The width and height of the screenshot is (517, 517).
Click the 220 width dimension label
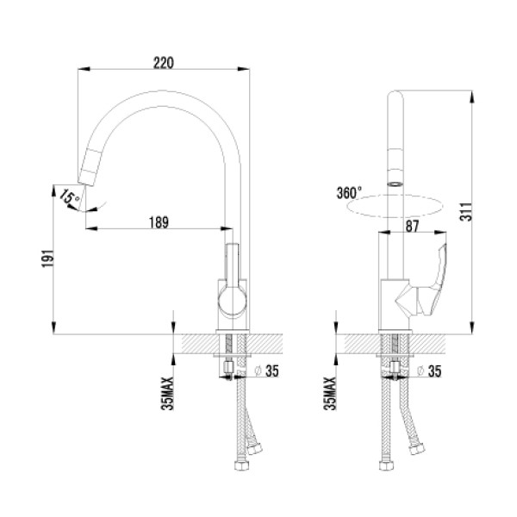163,63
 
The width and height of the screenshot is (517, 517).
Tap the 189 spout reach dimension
159,222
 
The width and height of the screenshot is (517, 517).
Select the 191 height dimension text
47,258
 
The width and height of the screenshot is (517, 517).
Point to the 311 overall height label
466,212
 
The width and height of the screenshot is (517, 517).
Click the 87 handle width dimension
412,226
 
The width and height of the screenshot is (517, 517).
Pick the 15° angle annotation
70,197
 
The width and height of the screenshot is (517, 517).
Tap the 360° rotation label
349,193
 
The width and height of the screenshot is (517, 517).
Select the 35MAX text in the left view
167,394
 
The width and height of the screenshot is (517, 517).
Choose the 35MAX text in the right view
330,394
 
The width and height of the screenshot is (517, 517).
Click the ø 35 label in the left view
267,371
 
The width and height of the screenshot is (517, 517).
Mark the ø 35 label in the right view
429,371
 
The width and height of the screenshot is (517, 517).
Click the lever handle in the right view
428,283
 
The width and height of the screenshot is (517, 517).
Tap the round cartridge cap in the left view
232,301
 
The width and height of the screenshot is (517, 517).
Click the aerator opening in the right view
395,184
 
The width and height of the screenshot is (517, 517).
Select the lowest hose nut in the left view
241,465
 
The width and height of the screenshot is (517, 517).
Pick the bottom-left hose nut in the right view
386,465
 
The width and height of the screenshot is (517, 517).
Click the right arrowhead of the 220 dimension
244,69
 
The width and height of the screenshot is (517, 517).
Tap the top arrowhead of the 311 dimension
472,97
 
